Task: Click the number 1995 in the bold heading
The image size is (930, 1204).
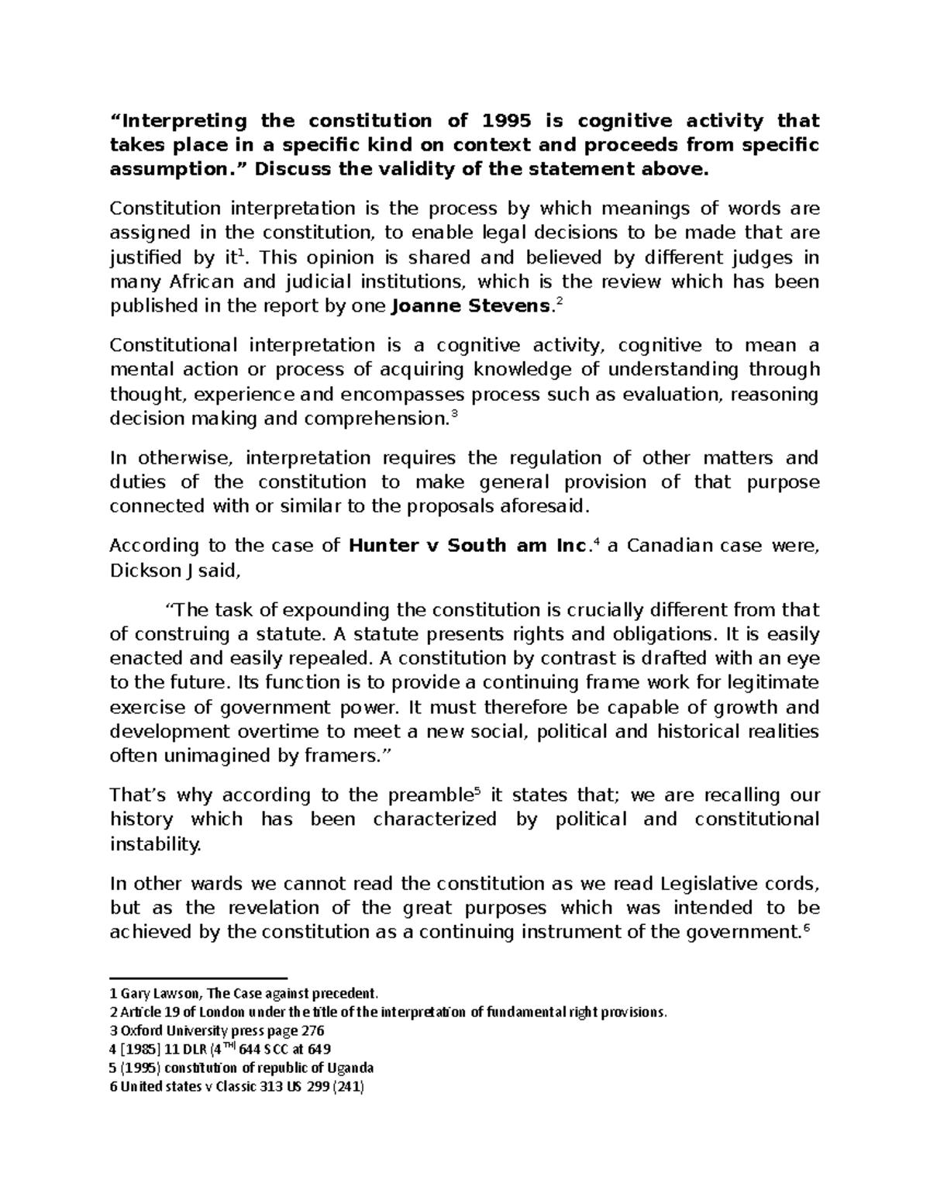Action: coord(508,121)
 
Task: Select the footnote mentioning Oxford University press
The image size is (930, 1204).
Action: coord(217,1030)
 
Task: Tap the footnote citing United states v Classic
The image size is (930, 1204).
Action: coord(236,1086)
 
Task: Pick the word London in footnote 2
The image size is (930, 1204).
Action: coord(236,1012)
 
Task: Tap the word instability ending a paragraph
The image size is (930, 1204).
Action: coord(155,844)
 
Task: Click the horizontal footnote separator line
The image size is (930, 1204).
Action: coord(198,979)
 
